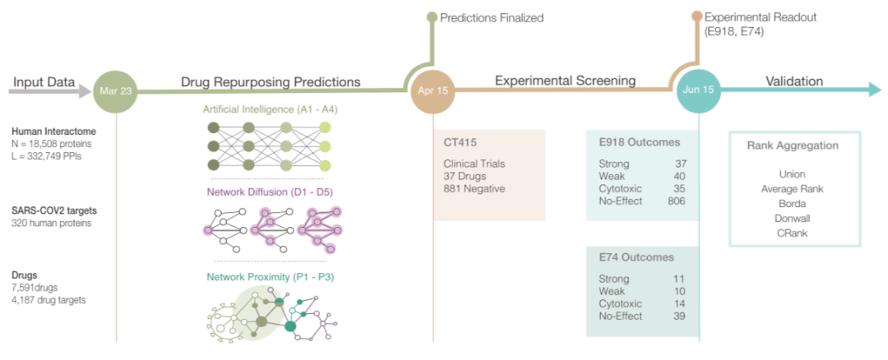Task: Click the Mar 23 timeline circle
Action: (115, 90)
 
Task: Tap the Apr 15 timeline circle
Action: (432, 90)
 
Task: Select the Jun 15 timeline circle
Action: (699, 90)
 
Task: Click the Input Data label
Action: (44, 82)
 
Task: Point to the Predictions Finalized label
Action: (492, 17)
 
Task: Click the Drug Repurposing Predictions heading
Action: (271, 82)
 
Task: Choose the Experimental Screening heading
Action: (565, 81)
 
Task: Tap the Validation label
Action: (794, 81)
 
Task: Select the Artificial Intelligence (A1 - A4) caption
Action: (270, 109)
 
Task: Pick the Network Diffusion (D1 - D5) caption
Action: (270, 192)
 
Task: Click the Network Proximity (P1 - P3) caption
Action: (270, 277)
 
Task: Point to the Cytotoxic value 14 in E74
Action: (679, 303)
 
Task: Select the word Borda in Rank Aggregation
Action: (793, 203)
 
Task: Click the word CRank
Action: (793, 233)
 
